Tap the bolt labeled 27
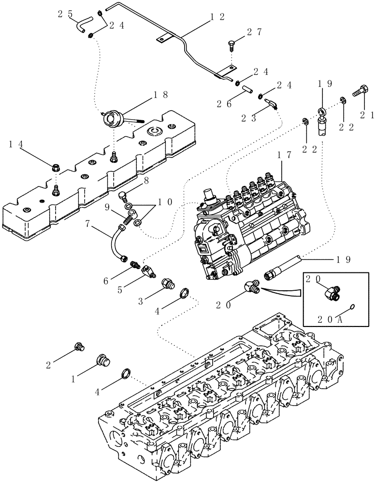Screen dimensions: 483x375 click(x=231, y=46)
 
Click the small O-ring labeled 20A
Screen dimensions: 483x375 click(x=352, y=306)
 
